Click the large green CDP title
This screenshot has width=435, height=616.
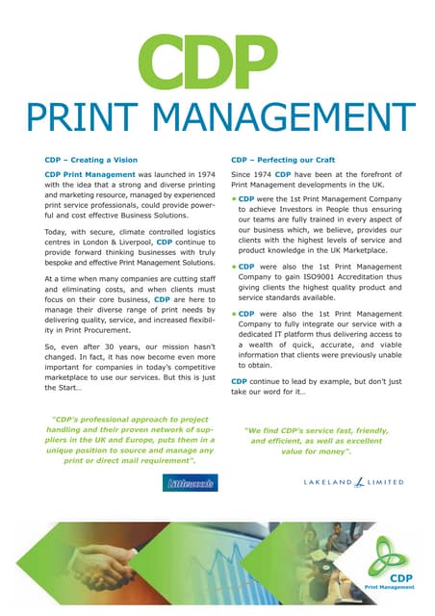point(217,59)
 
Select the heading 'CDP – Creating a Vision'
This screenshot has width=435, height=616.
point(91,160)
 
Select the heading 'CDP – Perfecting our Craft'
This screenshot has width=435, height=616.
point(283,160)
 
